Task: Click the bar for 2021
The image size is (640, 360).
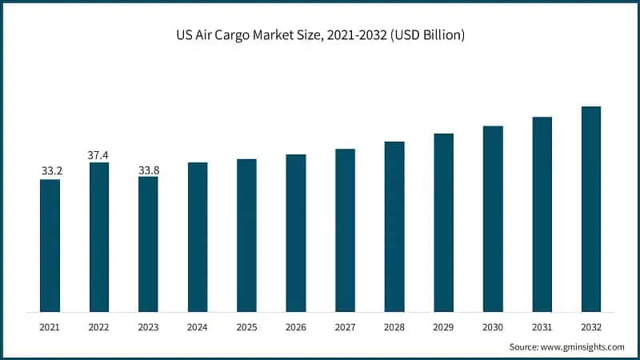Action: click(x=50, y=245)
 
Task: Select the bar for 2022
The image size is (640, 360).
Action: click(x=99, y=237)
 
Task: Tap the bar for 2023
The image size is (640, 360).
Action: click(x=148, y=244)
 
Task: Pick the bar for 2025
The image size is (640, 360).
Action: click(x=246, y=235)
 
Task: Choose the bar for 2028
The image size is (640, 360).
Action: click(x=394, y=226)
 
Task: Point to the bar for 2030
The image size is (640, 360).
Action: click(x=493, y=218)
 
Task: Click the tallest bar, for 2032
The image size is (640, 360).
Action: click(x=591, y=209)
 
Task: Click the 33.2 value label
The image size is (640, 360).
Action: click(x=50, y=171)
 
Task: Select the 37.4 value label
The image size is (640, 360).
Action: click(x=99, y=154)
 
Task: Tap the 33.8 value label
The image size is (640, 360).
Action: click(x=148, y=169)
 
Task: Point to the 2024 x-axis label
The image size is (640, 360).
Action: click(x=198, y=327)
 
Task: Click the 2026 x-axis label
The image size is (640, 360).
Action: click(x=296, y=327)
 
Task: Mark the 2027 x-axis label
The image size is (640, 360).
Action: click(x=345, y=327)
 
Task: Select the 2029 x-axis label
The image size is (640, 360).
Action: click(x=444, y=327)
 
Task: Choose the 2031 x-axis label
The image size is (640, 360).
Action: click(x=542, y=327)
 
